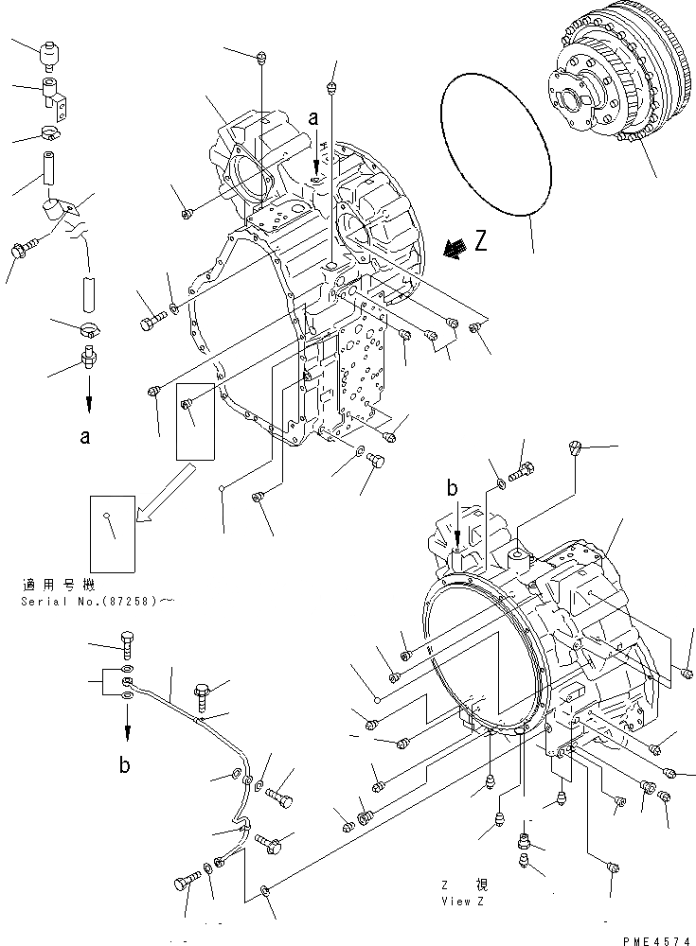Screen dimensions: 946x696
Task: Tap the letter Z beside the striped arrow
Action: click(x=481, y=243)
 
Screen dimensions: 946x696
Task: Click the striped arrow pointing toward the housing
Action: click(x=455, y=248)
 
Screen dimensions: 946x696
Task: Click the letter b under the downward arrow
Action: click(x=125, y=766)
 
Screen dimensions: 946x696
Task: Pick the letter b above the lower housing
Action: click(x=453, y=488)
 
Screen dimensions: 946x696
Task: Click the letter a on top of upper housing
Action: click(x=312, y=120)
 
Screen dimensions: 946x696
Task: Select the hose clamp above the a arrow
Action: click(x=91, y=330)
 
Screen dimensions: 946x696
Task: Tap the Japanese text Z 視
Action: click(x=463, y=885)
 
